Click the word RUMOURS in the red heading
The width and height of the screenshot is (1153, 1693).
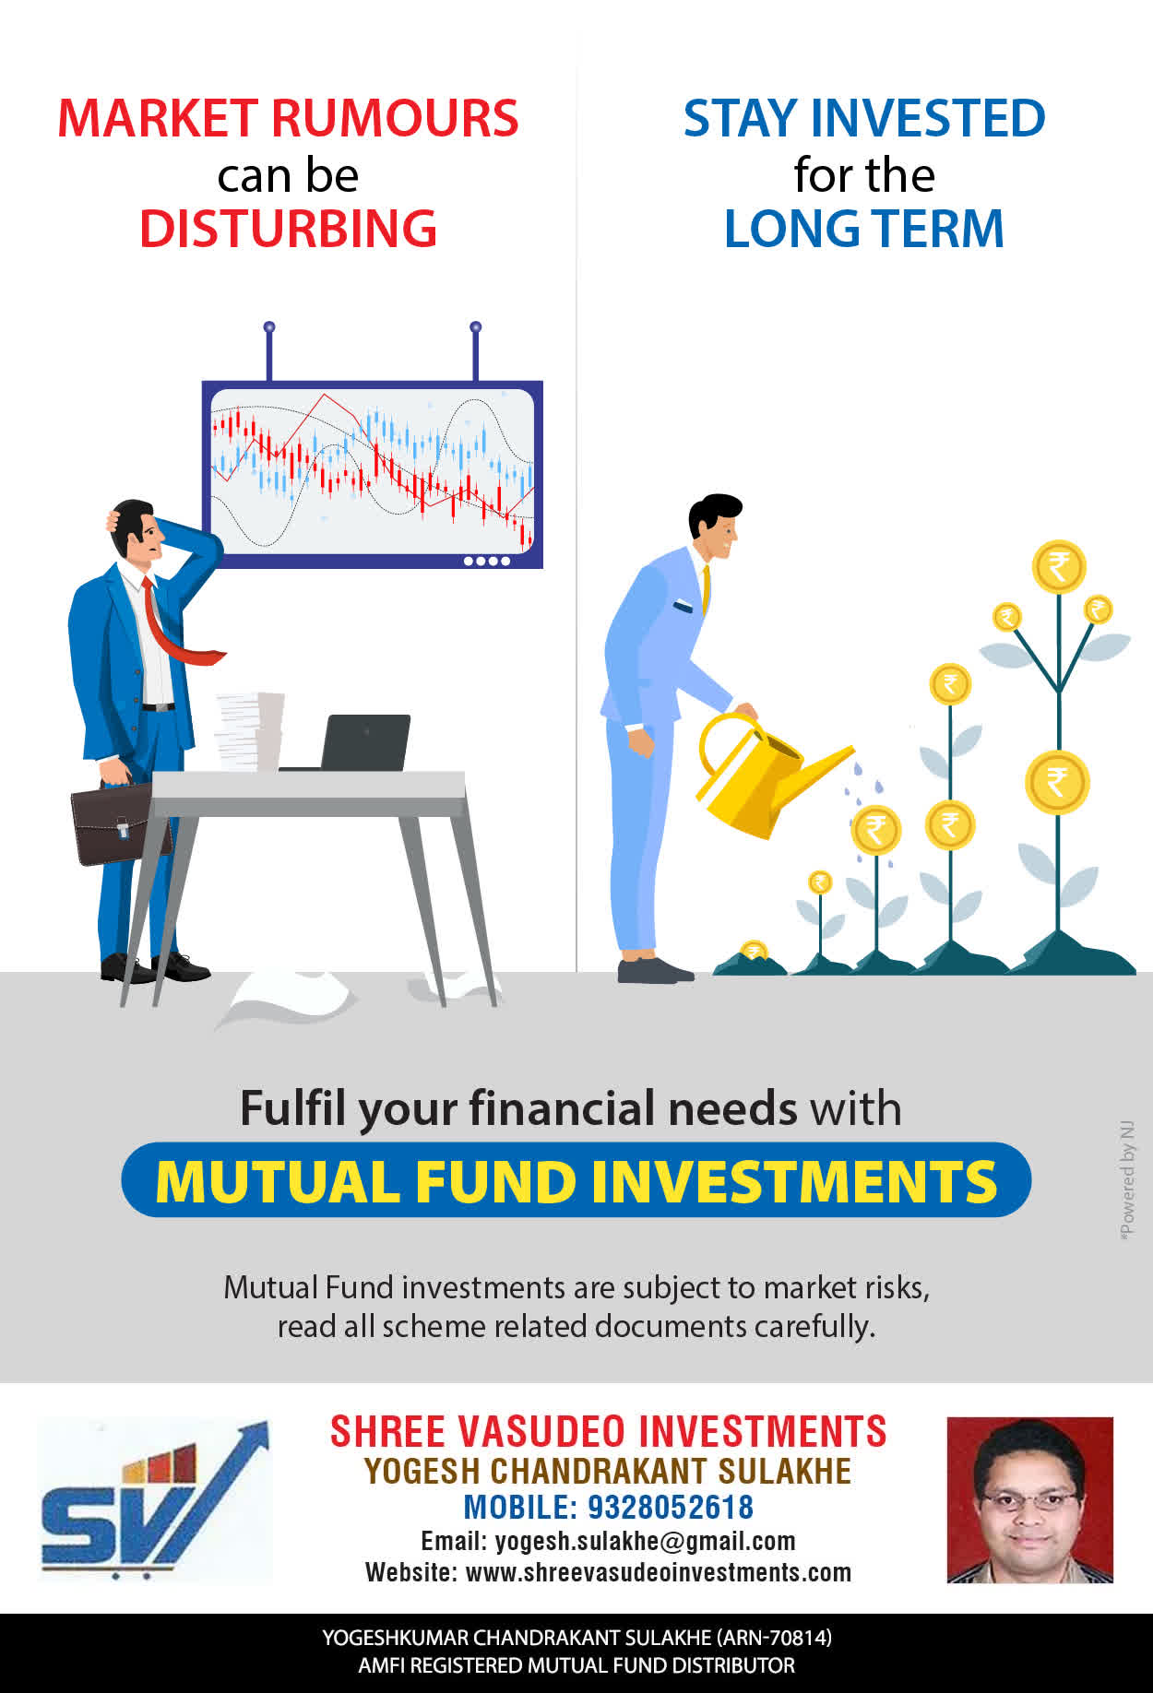tap(395, 118)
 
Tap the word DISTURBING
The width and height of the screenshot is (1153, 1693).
tap(288, 229)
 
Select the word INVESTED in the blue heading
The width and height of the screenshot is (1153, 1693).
tap(928, 118)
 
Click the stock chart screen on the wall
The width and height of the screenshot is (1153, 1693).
tap(373, 474)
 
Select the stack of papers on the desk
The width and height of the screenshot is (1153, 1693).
tap(249, 731)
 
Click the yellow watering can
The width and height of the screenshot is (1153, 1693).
tap(766, 775)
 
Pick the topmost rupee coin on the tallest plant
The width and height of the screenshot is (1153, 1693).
tap(1059, 566)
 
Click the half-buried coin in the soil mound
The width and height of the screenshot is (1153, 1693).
tap(755, 951)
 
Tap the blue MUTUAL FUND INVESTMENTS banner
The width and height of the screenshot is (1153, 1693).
tap(576, 1180)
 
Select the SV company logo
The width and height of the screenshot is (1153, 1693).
tap(155, 1500)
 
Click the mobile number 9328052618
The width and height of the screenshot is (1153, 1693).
tap(671, 1507)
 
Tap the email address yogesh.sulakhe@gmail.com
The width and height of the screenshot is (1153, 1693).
tap(645, 1541)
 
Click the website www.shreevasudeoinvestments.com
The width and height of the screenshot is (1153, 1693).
tap(659, 1572)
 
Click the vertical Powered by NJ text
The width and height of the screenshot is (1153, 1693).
tap(1126, 1181)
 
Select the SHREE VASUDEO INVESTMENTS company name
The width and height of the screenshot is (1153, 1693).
tap(608, 1432)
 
